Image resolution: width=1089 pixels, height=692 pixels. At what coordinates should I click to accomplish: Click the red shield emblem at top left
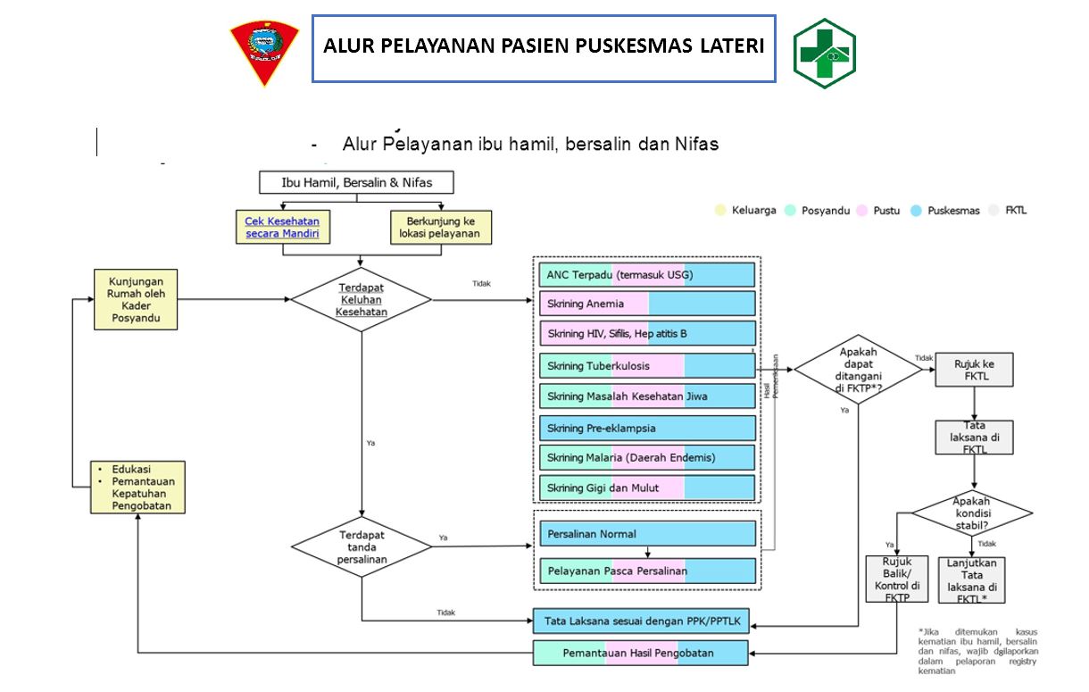coord(264,53)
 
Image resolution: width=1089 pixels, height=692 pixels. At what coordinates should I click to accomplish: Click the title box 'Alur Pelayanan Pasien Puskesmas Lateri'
coord(544,47)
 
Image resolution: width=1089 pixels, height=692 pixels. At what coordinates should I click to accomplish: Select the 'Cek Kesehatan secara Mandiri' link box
coord(282,228)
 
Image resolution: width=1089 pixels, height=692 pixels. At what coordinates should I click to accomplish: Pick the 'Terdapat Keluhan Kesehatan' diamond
coord(362,300)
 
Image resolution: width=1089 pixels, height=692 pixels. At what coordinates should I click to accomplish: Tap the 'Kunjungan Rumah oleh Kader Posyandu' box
coord(136,299)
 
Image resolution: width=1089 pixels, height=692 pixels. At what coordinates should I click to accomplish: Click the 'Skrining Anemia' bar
coord(647,304)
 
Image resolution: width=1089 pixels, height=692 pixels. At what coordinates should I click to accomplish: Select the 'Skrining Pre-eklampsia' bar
coord(647,428)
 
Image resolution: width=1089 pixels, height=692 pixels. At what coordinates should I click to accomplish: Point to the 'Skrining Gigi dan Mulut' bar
coord(647,488)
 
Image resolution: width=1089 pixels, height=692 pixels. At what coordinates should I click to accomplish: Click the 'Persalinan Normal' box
coord(647,534)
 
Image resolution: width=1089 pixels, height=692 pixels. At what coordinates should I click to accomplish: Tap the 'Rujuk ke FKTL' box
coord(974,370)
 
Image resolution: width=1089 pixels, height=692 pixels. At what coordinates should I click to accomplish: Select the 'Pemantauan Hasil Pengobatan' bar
coord(640,653)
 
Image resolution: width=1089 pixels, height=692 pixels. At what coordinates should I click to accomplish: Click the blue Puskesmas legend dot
coord(916,211)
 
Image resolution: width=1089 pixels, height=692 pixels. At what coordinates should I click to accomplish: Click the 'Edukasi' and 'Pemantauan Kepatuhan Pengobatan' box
coord(137,487)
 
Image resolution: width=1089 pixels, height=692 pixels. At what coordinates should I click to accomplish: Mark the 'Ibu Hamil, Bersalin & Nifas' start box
coord(356,182)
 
